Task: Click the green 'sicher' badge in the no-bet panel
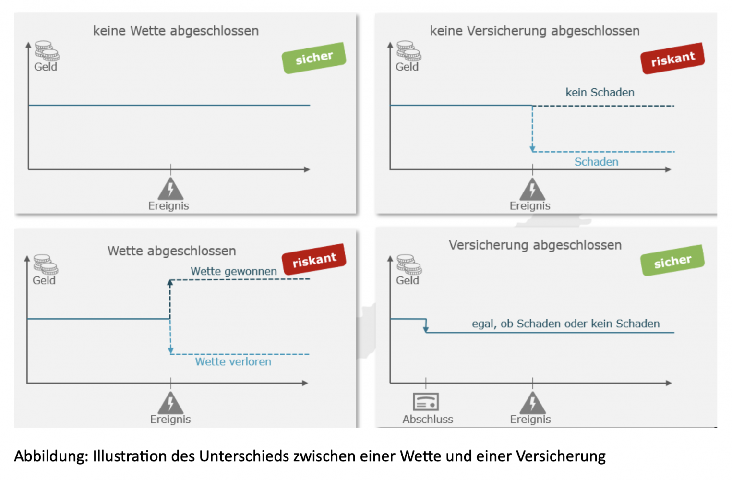click(x=314, y=58)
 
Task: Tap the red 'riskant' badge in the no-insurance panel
click(x=672, y=59)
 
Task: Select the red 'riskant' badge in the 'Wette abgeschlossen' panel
click(x=314, y=260)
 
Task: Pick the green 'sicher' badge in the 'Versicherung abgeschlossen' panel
click(x=672, y=261)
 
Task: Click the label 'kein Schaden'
click(x=600, y=93)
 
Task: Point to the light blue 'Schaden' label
click(x=596, y=162)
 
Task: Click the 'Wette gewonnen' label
click(x=234, y=271)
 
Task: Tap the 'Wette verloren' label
click(x=233, y=362)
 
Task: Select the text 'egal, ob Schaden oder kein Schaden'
click(x=565, y=324)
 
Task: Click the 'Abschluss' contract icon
click(x=426, y=402)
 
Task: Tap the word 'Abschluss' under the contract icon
click(x=427, y=419)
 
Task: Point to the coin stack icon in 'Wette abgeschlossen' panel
click(x=46, y=264)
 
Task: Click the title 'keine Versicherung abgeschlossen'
click(x=535, y=31)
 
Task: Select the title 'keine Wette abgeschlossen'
click(x=176, y=31)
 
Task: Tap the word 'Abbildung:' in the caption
click(x=51, y=456)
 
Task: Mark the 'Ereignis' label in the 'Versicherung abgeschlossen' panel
click(x=530, y=419)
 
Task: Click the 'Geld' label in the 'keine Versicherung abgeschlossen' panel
click(x=407, y=67)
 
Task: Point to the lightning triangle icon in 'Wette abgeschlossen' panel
click(x=170, y=403)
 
